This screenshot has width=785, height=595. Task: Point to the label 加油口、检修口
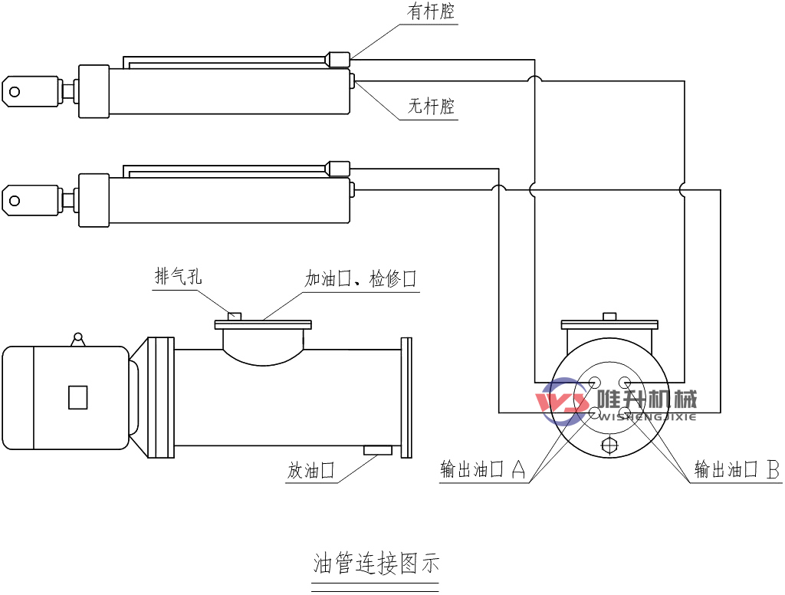[360, 279]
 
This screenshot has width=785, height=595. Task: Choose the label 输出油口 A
[482, 469]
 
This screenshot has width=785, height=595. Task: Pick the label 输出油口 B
[737, 469]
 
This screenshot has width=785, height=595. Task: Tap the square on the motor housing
[77, 397]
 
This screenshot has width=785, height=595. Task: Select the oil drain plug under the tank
[378, 450]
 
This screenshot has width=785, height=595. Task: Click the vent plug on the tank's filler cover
[235, 315]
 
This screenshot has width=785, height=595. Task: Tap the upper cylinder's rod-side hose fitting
[338, 58]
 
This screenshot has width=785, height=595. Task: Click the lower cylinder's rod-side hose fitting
[338, 167]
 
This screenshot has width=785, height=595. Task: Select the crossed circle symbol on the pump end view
[609, 445]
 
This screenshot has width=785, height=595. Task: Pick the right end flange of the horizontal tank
[406, 398]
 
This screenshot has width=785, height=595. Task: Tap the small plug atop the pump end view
[609, 316]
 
